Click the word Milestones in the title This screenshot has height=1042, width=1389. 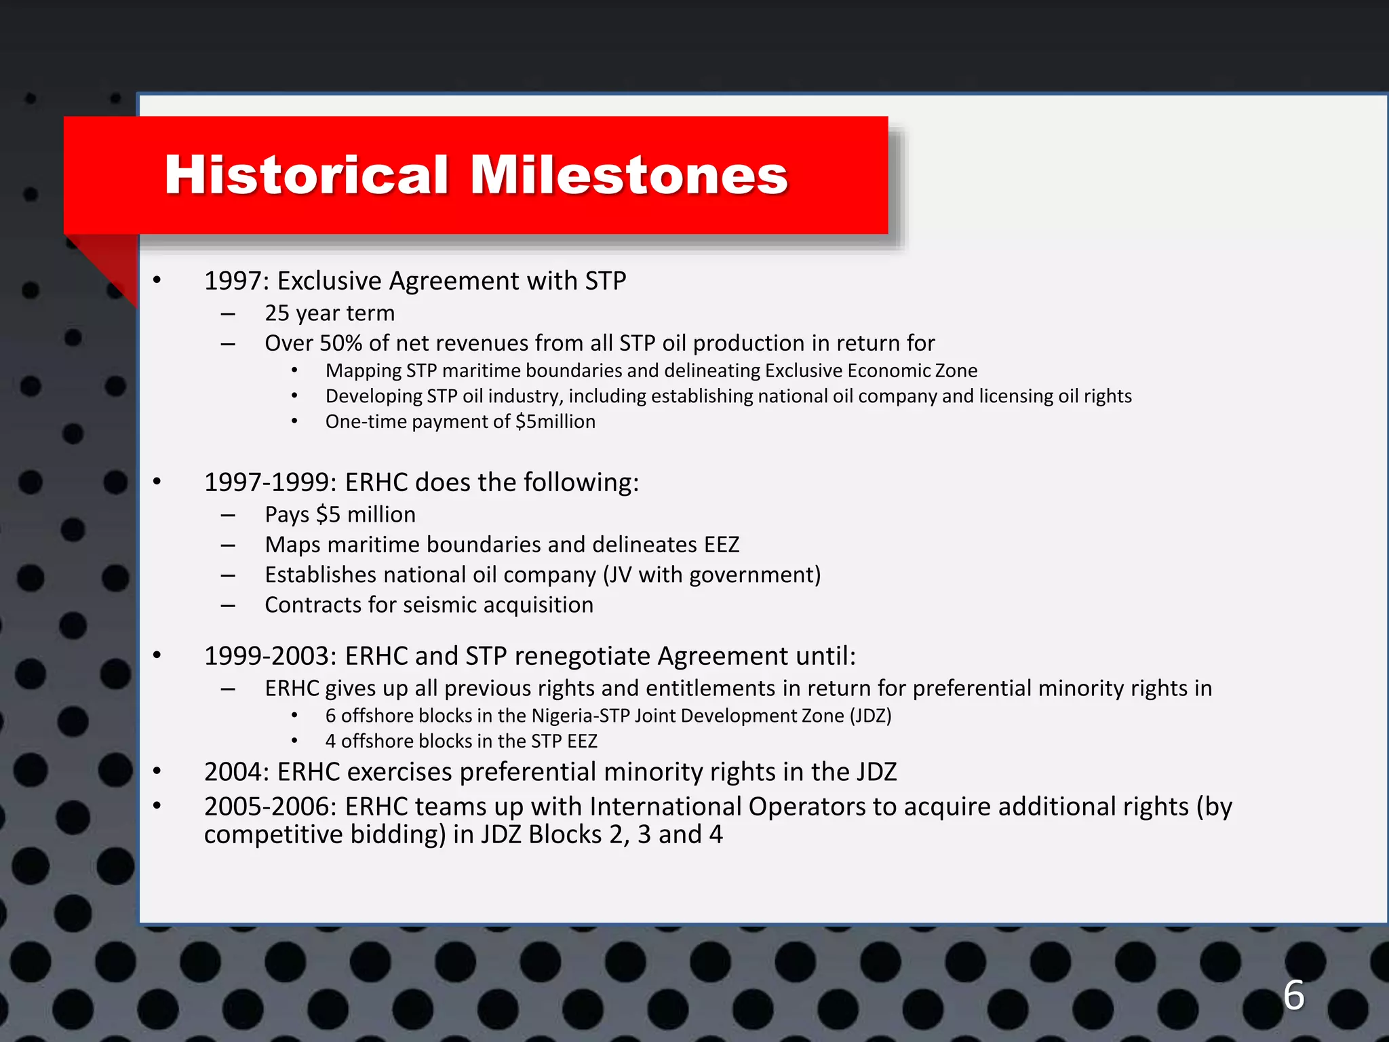[x=628, y=175]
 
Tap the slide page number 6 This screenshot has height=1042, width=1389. [x=1293, y=995]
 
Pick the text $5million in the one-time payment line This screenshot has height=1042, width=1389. [x=555, y=421]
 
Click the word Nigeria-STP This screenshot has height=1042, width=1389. [x=580, y=716]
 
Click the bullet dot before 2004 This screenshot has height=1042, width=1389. [x=157, y=771]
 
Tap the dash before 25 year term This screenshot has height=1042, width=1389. [x=228, y=314]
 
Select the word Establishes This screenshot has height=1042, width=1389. [x=313, y=575]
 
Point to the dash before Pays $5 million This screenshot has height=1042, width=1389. [x=228, y=516]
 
